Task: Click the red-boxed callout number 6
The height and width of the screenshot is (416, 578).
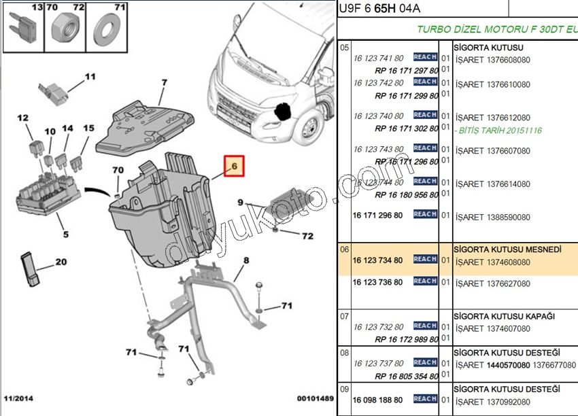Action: click(233, 166)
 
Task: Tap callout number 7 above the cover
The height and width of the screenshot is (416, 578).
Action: click(163, 83)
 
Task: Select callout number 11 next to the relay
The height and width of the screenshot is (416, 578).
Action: click(90, 77)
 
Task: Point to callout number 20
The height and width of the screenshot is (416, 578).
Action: click(61, 262)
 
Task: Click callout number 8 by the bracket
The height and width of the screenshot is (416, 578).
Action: click(246, 260)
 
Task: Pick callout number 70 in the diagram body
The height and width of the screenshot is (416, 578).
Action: click(118, 170)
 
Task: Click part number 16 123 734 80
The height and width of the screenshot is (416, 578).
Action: click(378, 260)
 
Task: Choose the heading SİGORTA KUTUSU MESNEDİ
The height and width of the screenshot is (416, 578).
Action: click(508, 249)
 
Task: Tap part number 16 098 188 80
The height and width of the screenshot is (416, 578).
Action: click(378, 400)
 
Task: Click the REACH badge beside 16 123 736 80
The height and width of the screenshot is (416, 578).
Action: click(425, 281)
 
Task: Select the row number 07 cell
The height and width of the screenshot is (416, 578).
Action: click(344, 317)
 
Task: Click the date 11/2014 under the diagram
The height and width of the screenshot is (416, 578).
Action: click(18, 398)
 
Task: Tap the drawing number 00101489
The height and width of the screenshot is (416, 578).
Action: click(314, 398)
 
